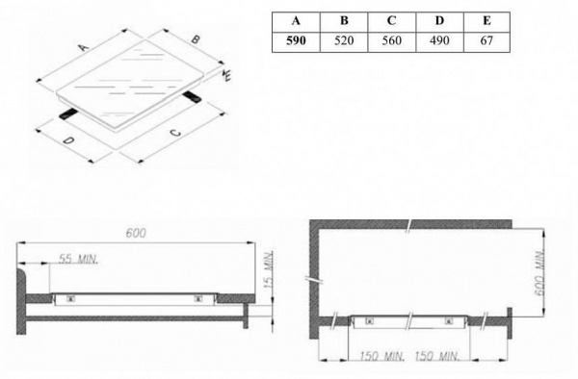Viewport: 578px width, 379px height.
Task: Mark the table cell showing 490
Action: (x=439, y=41)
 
